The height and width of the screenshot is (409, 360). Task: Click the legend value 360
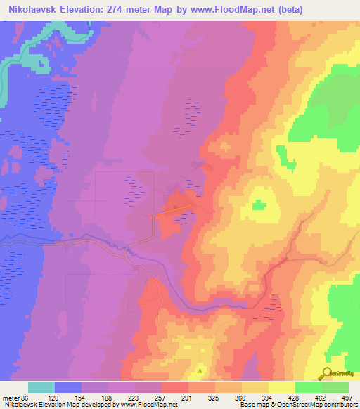(x=241, y=398)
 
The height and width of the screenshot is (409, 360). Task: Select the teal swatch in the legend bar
(x=41, y=387)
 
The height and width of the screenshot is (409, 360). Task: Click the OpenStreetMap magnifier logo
(x=328, y=373)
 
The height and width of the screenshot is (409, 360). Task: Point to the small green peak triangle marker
(x=200, y=370)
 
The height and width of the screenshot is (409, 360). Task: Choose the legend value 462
(x=321, y=398)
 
